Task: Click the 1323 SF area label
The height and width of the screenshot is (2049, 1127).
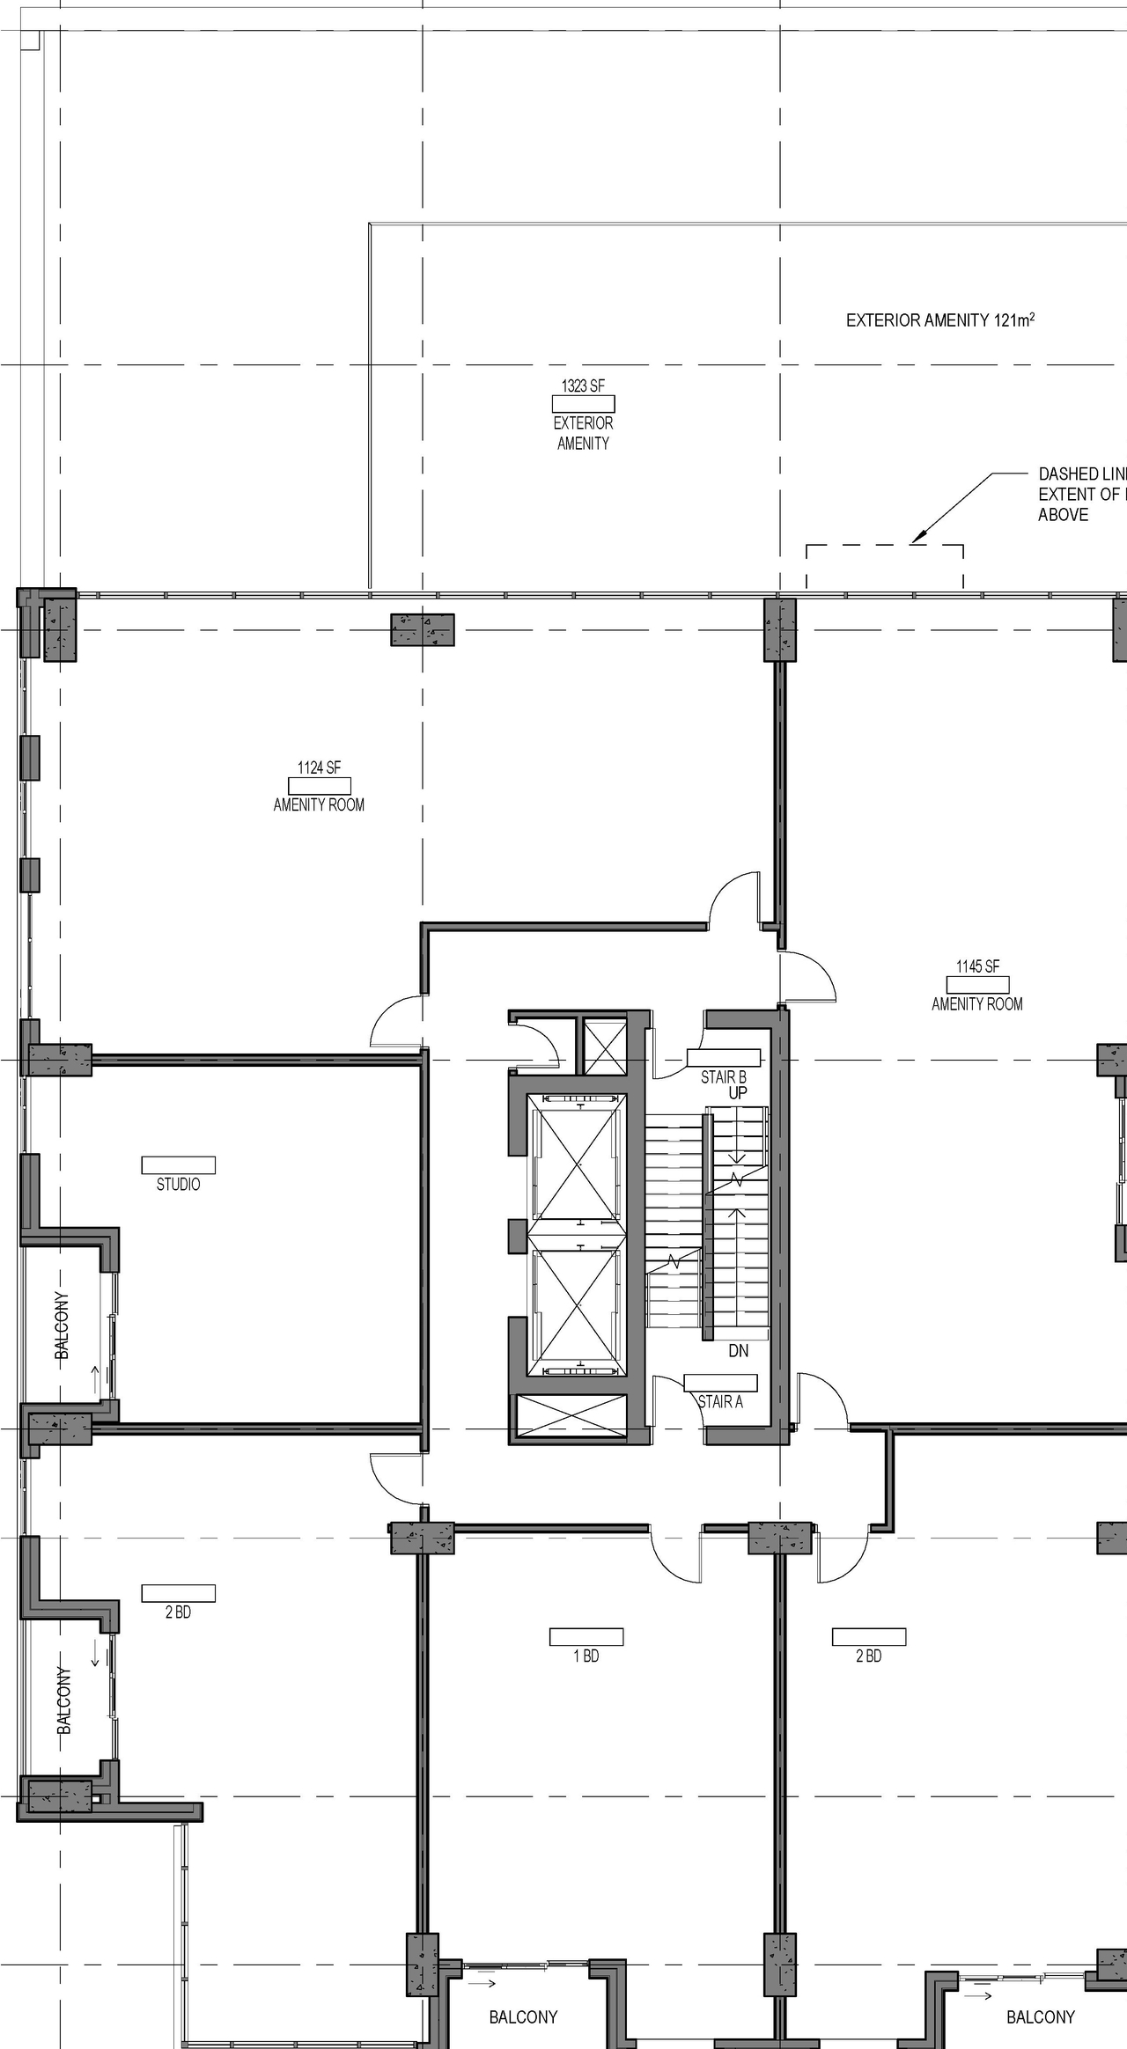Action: pyautogui.click(x=583, y=386)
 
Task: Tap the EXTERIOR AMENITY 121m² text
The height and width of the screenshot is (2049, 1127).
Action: pyautogui.click(x=939, y=320)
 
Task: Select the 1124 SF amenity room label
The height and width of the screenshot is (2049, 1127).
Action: pyautogui.click(x=319, y=768)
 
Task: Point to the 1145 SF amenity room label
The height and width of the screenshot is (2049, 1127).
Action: pyautogui.click(x=977, y=967)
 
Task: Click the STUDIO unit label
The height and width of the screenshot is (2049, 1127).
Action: pyautogui.click(x=178, y=1185)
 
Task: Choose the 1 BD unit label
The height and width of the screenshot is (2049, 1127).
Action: pyautogui.click(x=586, y=1656)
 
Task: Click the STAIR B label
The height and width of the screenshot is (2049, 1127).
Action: pyautogui.click(x=724, y=1076)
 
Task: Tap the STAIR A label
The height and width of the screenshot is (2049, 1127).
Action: pyautogui.click(x=720, y=1401)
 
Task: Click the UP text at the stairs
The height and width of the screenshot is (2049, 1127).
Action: pyautogui.click(x=738, y=1093)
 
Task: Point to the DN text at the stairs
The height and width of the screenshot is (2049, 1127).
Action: pyautogui.click(x=738, y=1350)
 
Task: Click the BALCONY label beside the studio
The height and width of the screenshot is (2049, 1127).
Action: pyautogui.click(x=63, y=1326)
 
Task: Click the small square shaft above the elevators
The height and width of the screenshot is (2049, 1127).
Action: pyautogui.click(x=605, y=1046)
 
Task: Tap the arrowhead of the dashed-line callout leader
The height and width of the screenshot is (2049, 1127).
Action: pyautogui.click(x=916, y=539)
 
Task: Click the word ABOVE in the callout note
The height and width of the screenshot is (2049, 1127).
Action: pyautogui.click(x=1063, y=515)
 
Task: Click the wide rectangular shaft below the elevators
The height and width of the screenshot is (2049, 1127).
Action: pyautogui.click(x=571, y=1418)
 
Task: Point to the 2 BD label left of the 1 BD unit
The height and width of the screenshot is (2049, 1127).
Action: pyautogui.click(x=178, y=1612)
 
